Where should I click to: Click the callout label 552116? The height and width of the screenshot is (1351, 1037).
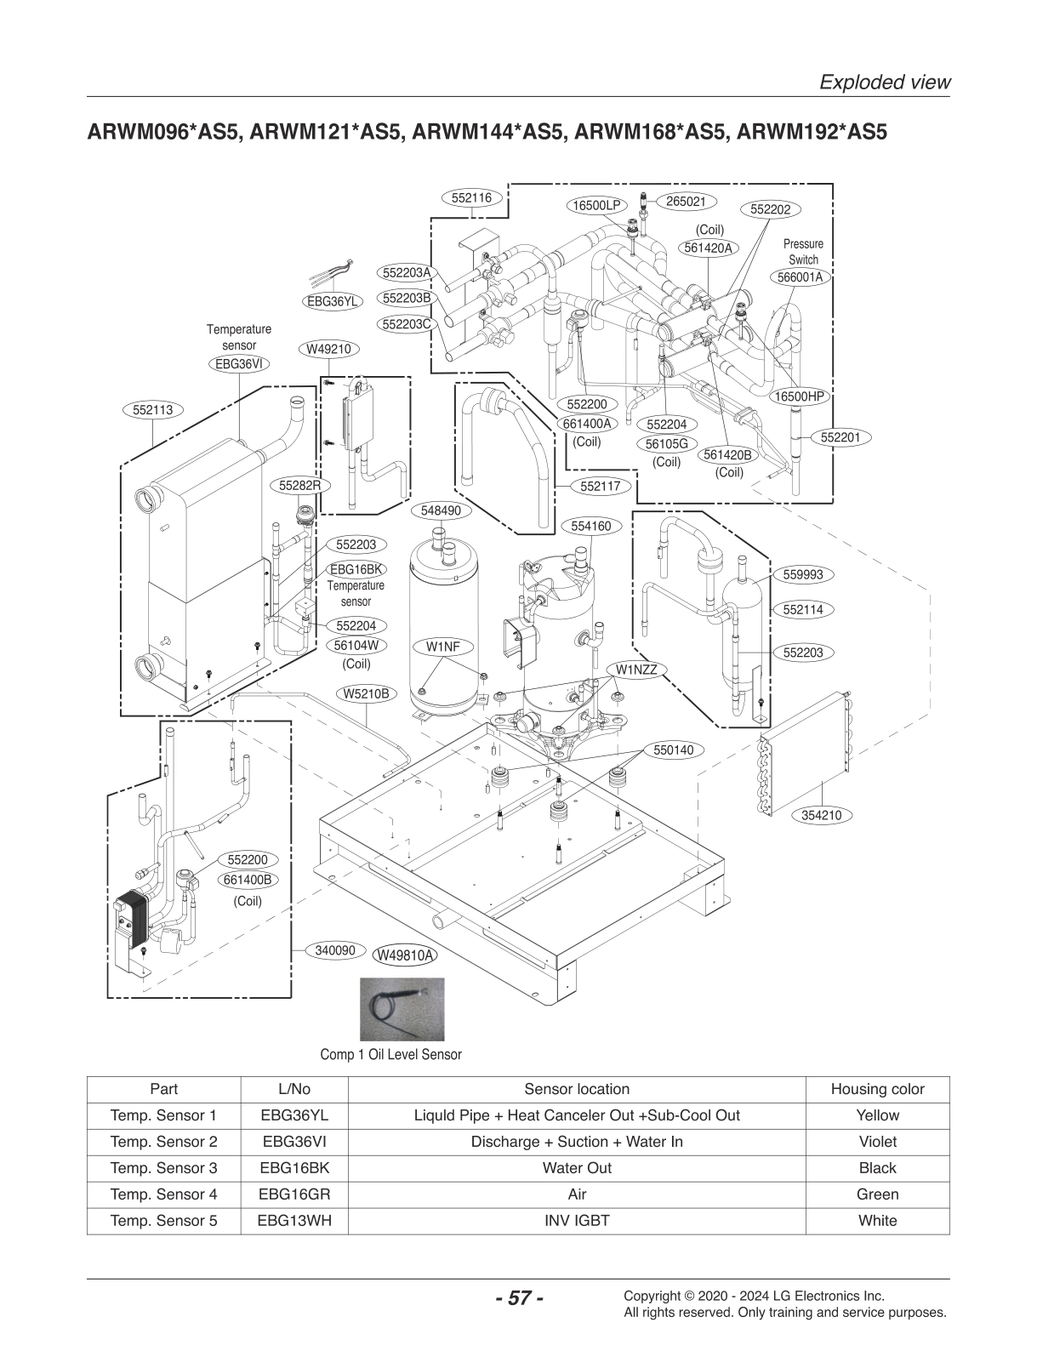(471, 197)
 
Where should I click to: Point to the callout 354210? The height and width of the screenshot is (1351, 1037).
(821, 815)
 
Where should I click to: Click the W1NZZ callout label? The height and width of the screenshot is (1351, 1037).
(633, 670)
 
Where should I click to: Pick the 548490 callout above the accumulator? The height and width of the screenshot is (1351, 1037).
(441, 510)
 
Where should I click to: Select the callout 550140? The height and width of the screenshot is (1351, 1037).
(673, 750)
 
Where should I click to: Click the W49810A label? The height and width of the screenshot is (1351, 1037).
(405, 955)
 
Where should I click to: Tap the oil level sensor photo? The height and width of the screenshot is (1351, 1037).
(402, 1010)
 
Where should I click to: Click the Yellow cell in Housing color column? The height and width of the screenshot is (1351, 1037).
(877, 1115)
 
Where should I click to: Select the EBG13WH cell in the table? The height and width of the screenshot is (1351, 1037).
(294, 1221)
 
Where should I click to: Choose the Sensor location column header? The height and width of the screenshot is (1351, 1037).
(576, 1089)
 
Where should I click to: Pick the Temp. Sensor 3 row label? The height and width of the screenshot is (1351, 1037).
(163, 1168)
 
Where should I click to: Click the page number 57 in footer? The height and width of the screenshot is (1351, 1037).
(518, 1298)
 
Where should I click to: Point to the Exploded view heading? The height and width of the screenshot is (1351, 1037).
(884, 82)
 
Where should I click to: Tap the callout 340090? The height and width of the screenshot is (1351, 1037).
(334, 949)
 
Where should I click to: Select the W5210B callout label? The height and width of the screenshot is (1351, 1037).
(366, 693)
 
